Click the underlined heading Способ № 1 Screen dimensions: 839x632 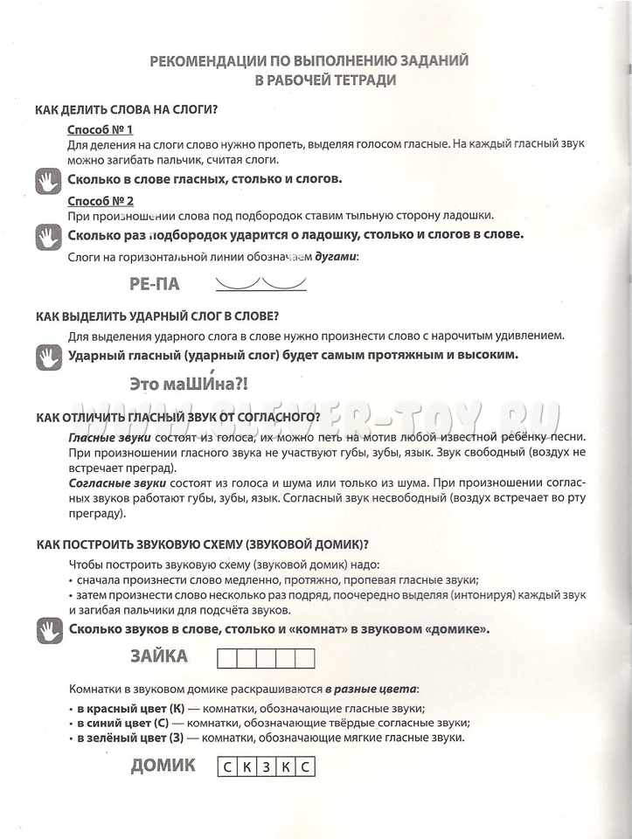point(100,129)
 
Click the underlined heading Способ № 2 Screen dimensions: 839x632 point(100,200)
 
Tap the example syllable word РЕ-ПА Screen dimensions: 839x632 point(153,283)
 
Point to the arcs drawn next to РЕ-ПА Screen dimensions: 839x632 point(260,282)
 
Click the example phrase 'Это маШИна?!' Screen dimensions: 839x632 point(188,382)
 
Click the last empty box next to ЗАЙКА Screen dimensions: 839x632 point(304,658)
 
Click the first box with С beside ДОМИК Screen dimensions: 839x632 point(226,768)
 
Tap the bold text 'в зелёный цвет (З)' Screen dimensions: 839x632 point(122,738)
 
